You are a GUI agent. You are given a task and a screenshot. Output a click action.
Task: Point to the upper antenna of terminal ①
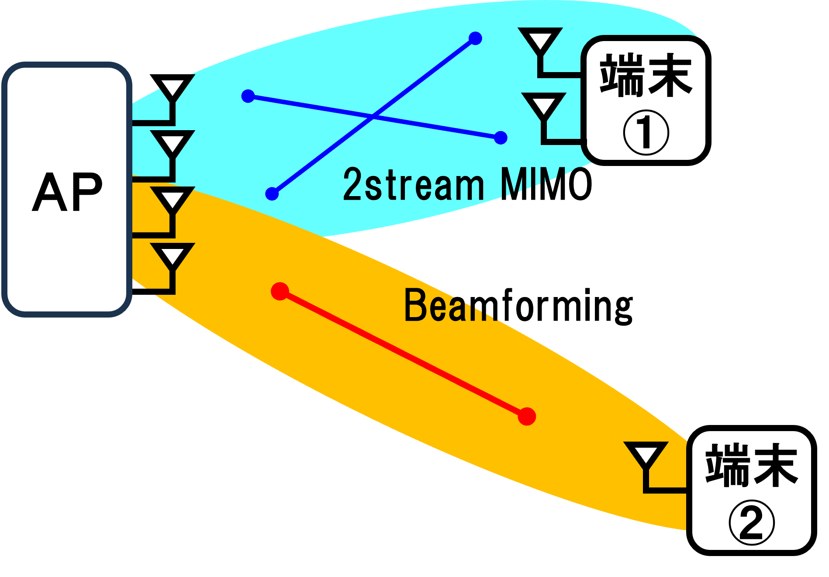pos(540,41)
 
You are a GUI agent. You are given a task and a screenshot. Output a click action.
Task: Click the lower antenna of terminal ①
pos(544,105)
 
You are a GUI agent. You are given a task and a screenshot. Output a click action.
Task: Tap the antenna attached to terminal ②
pos(646,455)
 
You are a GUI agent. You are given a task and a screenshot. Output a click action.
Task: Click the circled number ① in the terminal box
pos(646,132)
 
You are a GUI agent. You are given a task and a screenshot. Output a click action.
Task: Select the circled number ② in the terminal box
pos(751,522)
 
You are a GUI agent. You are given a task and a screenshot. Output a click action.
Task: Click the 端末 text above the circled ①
pos(646,75)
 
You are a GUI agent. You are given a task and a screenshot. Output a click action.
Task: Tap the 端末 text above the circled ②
pos(751,465)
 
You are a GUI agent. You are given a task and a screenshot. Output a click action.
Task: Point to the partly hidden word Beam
pos(450,305)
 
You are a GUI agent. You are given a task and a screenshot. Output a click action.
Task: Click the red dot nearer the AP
pos(280,291)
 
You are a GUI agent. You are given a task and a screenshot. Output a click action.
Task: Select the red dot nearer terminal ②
pos(527,416)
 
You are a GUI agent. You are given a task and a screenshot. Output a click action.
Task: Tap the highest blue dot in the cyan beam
pos(475,38)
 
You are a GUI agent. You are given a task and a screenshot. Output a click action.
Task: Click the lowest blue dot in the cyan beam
pos(272,193)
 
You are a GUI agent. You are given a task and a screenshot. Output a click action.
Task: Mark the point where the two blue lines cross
pos(373,116)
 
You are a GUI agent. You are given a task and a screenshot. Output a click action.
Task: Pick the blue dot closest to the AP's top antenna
pos(248,96)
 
